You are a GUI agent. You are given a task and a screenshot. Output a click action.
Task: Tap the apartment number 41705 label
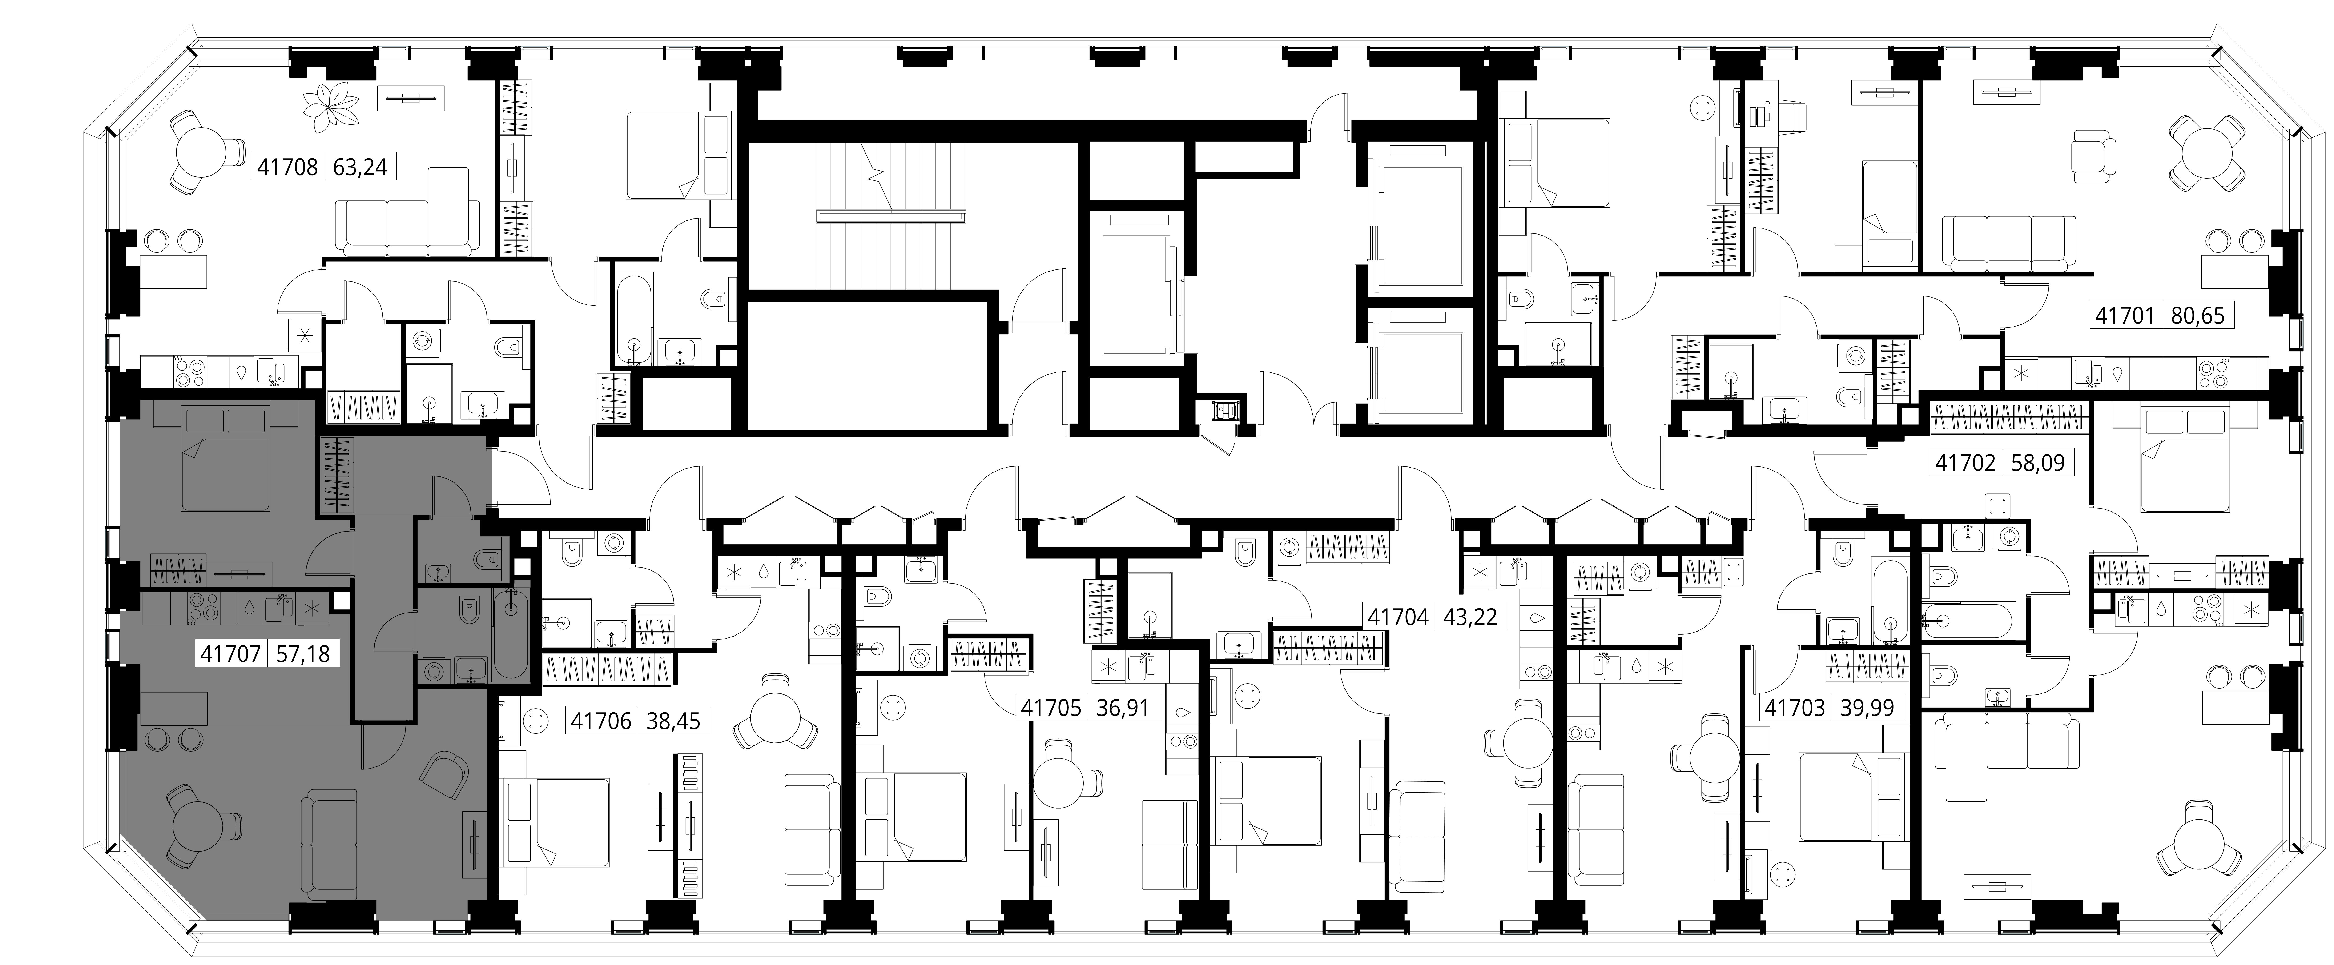tap(1051, 707)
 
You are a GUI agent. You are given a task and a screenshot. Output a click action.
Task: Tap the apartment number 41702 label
tap(1965, 463)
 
